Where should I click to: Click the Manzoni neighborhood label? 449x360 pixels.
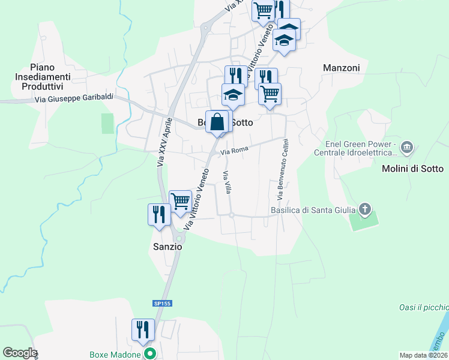point(341,68)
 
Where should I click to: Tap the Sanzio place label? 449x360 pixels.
point(166,247)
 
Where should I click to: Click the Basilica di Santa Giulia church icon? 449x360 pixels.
point(364,209)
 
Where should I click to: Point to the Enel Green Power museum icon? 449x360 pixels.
point(407,147)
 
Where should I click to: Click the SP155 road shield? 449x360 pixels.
point(162,304)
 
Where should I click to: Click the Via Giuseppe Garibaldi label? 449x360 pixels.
point(74,99)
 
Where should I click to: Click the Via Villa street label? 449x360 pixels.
point(227,182)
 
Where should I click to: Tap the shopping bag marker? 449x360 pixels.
point(217,122)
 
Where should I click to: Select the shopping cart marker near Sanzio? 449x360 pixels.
point(180,202)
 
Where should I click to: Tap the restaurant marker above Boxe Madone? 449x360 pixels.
point(143,329)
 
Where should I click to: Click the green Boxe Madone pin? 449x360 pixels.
point(151,354)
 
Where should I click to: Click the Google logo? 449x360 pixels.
point(20,353)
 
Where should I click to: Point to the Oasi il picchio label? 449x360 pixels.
point(424,307)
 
